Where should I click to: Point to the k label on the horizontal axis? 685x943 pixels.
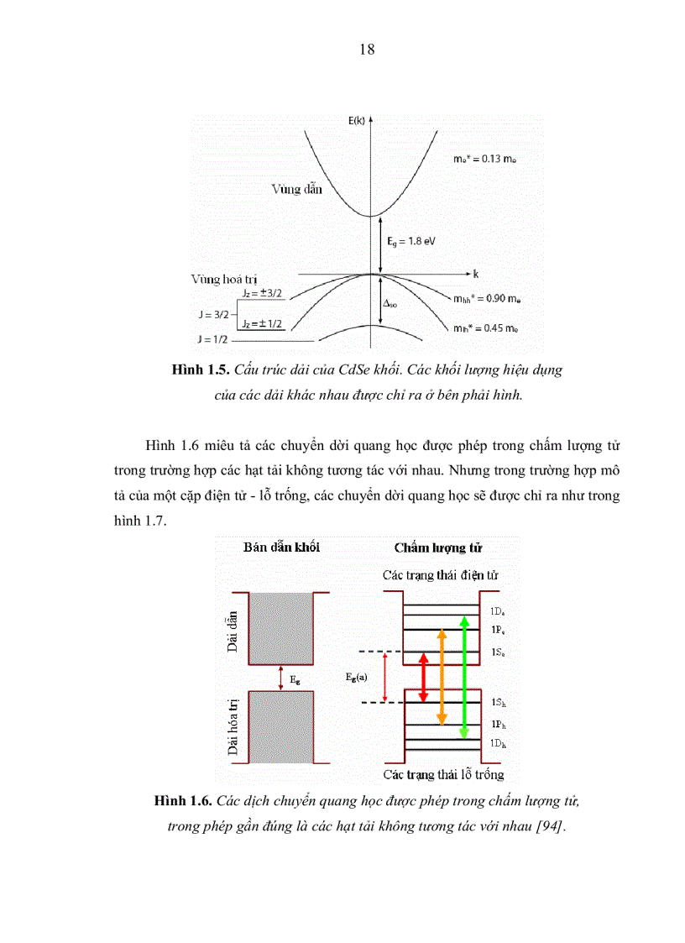point(475,274)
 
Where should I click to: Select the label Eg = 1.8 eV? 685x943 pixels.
point(411,241)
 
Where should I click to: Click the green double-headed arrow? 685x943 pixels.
point(464,677)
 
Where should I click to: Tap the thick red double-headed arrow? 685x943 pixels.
point(423,677)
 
